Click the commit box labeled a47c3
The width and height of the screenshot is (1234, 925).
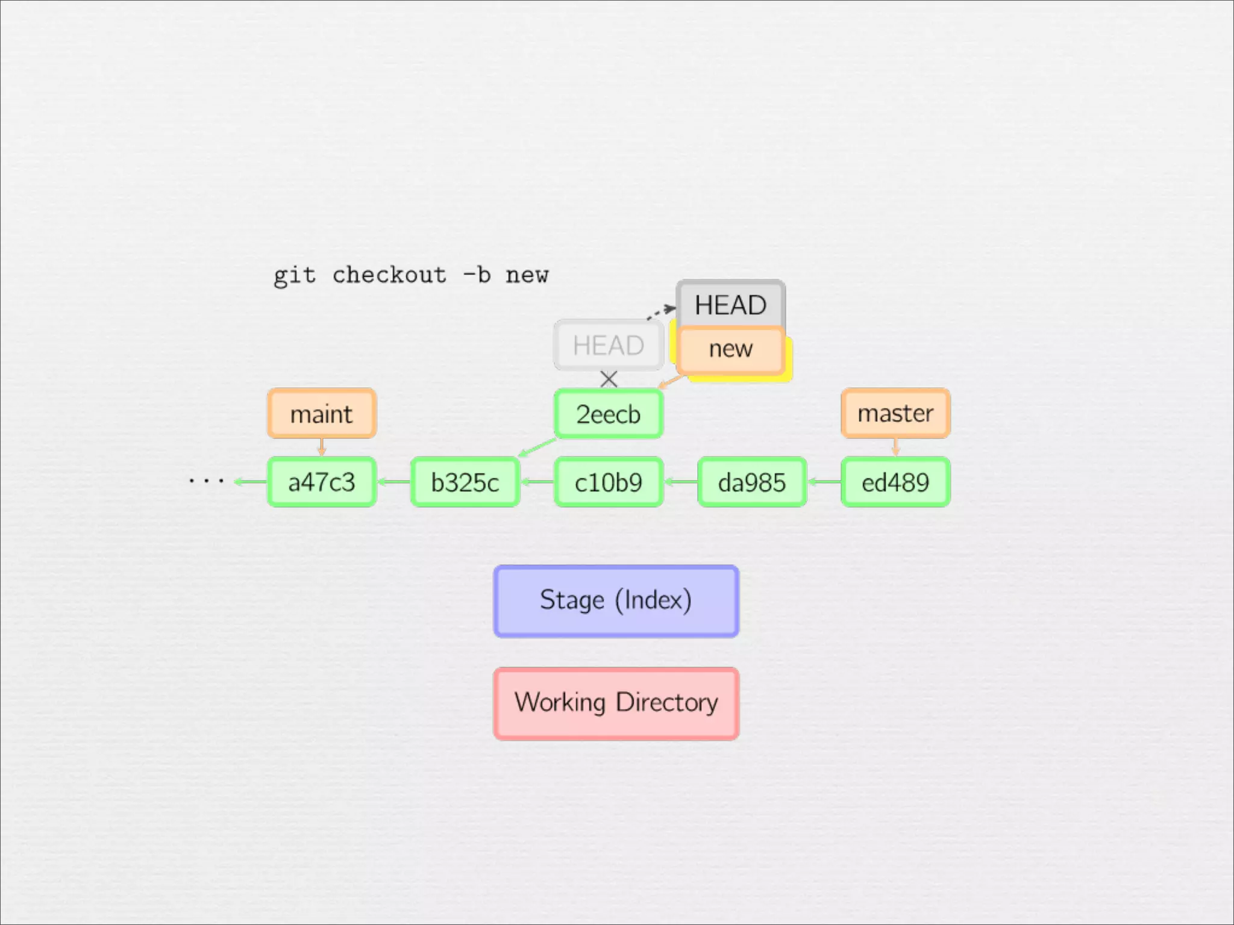pyautogui.click(x=322, y=482)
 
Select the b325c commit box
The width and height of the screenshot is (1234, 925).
pyautogui.click(x=465, y=482)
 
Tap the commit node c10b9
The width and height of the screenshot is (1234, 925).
pyautogui.click(x=608, y=482)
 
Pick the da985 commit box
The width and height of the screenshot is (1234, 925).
pyautogui.click(x=751, y=482)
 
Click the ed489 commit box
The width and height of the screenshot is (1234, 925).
pyautogui.click(x=895, y=482)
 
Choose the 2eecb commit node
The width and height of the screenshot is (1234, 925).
pyautogui.click(x=608, y=414)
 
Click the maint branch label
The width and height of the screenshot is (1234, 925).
pyautogui.click(x=322, y=414)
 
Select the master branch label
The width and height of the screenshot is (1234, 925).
pyautogui.click(x=895, y=413)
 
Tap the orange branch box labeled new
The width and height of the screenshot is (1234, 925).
pyautogui.click(x=730, y=349)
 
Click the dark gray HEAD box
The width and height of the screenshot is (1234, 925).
pyautogui.click(x=730, y=304)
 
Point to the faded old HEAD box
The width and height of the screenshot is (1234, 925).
pyautogui.click(x=608, y=345)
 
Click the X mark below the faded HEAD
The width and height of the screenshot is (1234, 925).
pyautogui.click(x=609, y=379)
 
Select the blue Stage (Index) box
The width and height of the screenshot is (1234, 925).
pyautogui.click(x=616, y=600)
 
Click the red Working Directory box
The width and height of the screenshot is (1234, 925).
pyautogui.click(x=616, y=703)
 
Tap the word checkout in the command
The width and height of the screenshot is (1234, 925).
pyautogui.click(x=389, y=275)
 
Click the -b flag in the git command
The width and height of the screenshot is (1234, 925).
pyautogui.click(x=476, y=275)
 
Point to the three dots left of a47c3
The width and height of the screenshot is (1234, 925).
pyautogui.click(x=206, y=481)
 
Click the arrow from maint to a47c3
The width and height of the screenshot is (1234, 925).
pyautogui.click(x=322, y=447)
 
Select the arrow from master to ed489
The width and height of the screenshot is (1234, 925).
pyautogui.click(x=895, y=447)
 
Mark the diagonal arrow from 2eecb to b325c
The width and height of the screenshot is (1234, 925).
pyautogui.click(x=537, y=448)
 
